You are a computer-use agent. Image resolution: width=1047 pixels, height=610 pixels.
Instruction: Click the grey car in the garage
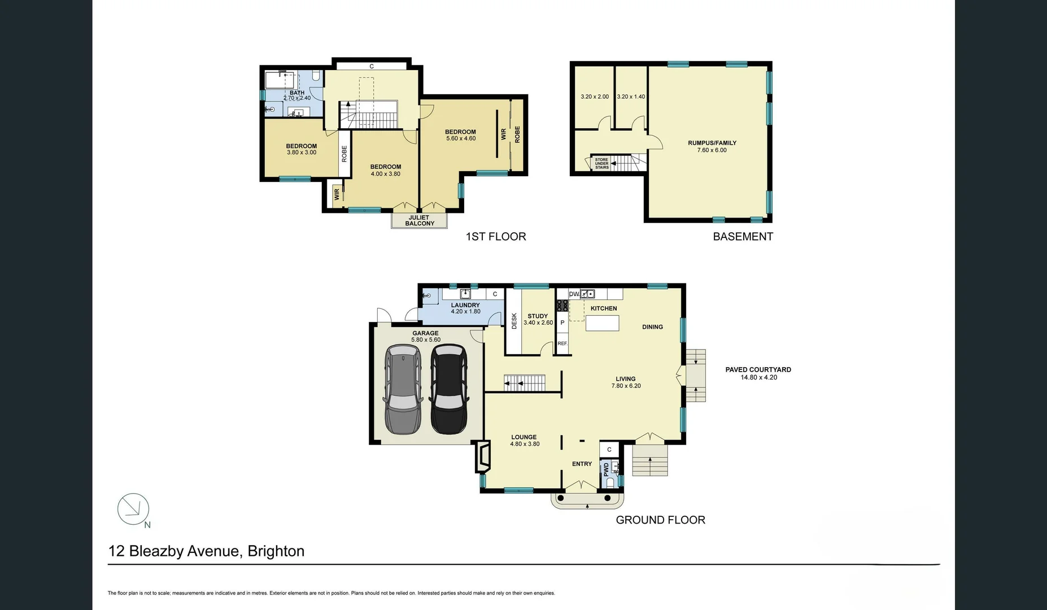tap(402, 390)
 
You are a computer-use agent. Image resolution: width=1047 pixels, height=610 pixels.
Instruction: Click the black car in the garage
tap(449, 390)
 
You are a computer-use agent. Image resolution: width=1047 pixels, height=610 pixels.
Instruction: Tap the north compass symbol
tap(133, 508)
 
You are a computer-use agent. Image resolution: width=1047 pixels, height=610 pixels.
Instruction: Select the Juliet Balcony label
tap(419, 220)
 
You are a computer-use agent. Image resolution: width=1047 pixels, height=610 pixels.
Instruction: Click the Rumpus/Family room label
tap(712, 143)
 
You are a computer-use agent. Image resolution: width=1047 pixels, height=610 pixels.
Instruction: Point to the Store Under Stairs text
tap(601, 164)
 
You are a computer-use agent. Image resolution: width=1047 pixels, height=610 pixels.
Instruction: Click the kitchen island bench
tap(602, 323)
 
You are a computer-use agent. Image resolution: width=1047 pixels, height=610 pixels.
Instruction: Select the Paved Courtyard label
tap(758, 370)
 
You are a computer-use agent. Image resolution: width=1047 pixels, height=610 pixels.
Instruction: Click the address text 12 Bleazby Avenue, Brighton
tap(206, 551)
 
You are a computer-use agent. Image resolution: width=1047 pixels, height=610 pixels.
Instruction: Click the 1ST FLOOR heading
tap(495, 237)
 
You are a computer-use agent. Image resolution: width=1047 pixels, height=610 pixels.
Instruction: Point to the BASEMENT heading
tap(743, 237)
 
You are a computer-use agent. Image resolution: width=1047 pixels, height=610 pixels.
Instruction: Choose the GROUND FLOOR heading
tap(660, 520)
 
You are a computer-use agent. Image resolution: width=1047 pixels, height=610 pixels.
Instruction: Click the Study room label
tap(538, 316)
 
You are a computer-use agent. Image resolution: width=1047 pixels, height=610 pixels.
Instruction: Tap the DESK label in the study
tap(514, 321)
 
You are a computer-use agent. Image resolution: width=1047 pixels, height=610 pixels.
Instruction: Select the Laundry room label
tap(465, 305)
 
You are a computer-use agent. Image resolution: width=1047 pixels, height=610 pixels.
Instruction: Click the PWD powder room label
tap(607, 469)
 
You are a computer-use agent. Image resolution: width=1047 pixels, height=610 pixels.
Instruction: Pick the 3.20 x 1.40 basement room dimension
tap(631, 97)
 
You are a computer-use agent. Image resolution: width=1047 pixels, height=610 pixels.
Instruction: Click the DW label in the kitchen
tap(574, 294)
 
